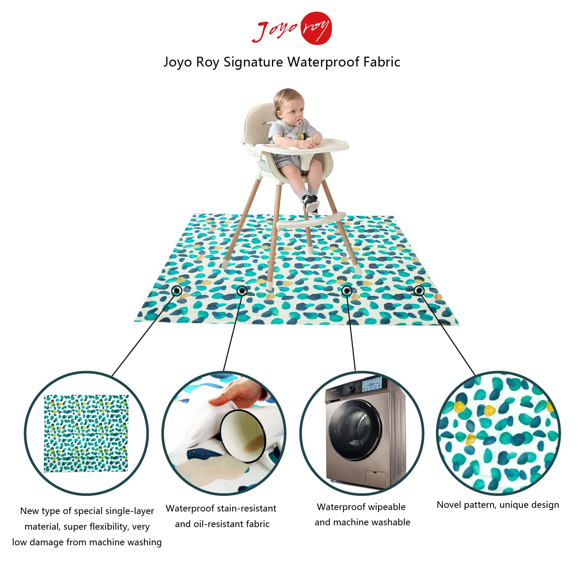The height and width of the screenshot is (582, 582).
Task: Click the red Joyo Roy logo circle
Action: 316,28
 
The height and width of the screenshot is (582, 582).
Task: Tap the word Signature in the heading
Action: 253,62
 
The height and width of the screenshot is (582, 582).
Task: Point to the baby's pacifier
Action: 299,123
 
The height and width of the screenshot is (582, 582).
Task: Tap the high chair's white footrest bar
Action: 311,221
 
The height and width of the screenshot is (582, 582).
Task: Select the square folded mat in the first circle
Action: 86,433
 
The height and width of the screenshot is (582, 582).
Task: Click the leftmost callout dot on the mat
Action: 177,291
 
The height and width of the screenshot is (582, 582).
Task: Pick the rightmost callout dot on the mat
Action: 419,290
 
